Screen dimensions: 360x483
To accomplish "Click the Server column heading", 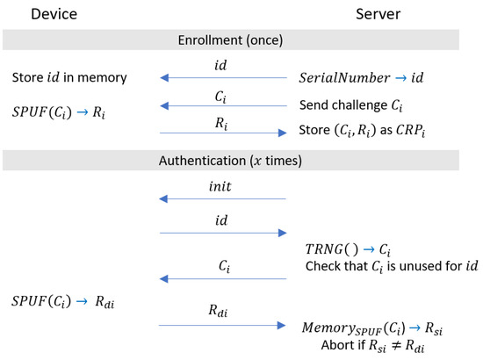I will coord(378,15).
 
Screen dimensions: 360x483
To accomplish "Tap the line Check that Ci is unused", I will coord(392,265).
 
